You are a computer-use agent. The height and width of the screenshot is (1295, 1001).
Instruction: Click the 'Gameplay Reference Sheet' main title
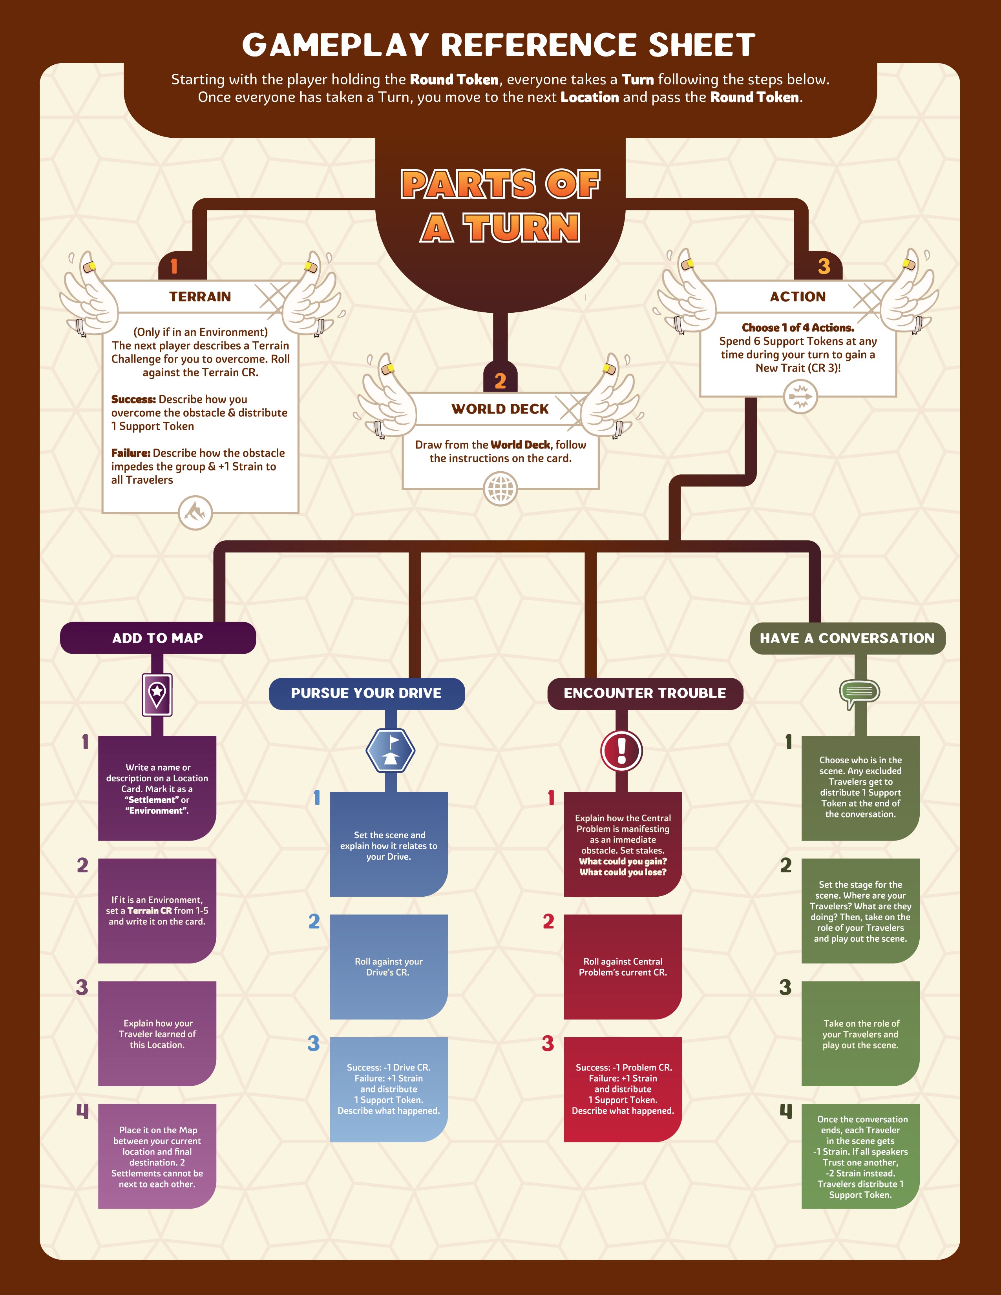tap(499, 45)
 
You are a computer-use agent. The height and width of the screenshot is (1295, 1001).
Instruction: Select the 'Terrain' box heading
tap(200, 296)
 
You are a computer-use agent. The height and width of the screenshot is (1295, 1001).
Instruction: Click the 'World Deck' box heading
tap(500, 409)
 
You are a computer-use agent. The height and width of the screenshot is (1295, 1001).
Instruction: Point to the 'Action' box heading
tap(798, 296)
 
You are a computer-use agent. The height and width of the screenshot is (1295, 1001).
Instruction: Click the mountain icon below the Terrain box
tap(195, 512)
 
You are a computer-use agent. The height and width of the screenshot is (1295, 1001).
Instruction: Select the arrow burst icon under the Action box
tap(800, 396)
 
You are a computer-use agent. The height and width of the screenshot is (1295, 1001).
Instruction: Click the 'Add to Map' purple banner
tap(158, 638)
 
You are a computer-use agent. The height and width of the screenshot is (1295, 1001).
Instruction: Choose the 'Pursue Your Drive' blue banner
tap(367, 693)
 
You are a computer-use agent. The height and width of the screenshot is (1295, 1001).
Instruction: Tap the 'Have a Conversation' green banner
tap(848, 638)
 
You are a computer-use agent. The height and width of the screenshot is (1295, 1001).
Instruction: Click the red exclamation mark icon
tap(621, 750)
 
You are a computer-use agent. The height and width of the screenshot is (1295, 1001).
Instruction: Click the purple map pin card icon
tap(157, 694)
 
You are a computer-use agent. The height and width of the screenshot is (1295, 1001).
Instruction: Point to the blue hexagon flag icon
tap(390, 750)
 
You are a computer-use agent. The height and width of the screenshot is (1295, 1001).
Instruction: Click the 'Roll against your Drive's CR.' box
tap(388, 967)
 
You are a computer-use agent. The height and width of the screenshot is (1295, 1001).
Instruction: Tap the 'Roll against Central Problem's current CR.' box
tap(623, 967)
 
